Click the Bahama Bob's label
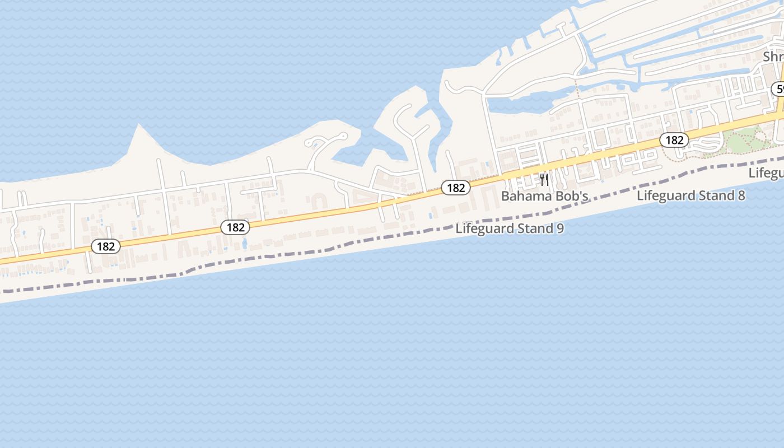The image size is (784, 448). [544, 197]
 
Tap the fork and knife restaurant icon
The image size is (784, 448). [544, 180]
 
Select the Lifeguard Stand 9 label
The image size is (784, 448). [510, 228]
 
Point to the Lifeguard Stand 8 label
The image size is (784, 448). [691, 195]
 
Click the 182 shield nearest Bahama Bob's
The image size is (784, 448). [455, 188]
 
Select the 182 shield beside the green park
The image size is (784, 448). [674, 140]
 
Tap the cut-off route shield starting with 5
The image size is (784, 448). [778, 89]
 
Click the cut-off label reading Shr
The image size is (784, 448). [773, 57]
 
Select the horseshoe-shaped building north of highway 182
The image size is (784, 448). [319, 201]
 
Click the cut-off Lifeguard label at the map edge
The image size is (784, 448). [767, 173]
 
